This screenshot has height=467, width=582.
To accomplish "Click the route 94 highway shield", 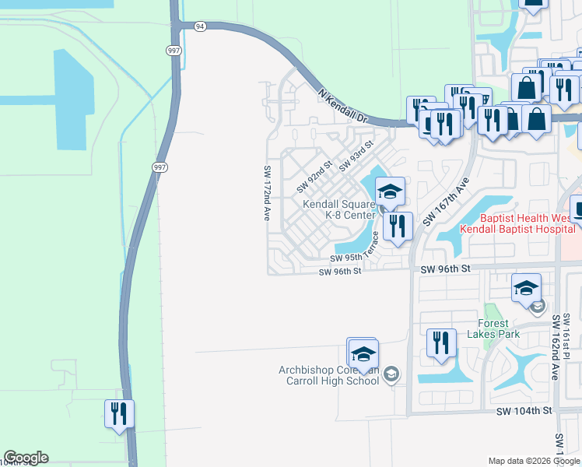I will click(x=200, y=26).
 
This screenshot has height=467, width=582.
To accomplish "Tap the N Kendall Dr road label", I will click(x=342, y=105).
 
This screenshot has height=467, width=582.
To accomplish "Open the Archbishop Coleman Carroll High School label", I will click(x=329, y=375).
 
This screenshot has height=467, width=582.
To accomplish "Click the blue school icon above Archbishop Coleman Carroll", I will click(x=363, y=354).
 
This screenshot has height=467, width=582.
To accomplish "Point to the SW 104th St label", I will click(x=524, y=409).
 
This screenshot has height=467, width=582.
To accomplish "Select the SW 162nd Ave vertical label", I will click(x=556, y=348).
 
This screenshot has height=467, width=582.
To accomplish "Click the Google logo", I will click(x=26, y=458).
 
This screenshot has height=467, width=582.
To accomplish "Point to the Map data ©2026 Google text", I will click(x=534, y=461).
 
